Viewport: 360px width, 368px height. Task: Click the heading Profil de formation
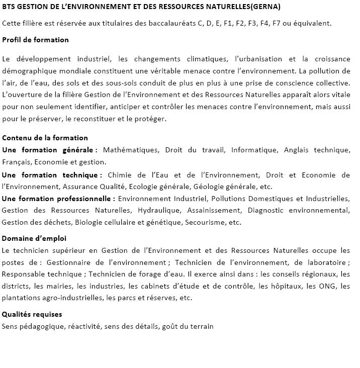point(35,40)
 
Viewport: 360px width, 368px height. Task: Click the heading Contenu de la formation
point(45,138)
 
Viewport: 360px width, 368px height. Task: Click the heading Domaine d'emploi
point(34,238)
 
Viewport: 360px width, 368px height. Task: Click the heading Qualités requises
point(32,314)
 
